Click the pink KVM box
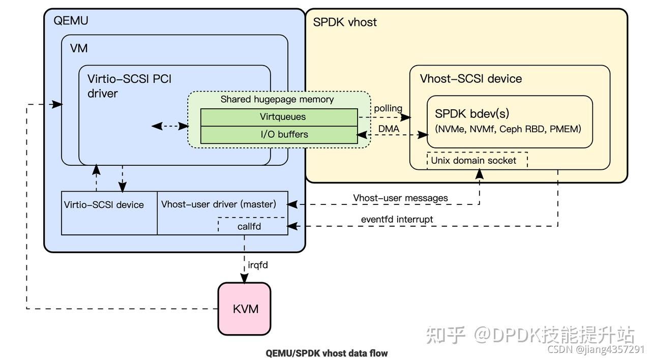[245, 309]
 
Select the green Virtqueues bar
[279, 117]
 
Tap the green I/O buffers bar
[279, 135]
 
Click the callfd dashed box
[249, 226]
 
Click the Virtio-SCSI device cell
[104, 205]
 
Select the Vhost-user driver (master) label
[219, 204]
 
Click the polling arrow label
[388, 108]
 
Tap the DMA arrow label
[389, 129]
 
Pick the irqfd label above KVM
[258, 265]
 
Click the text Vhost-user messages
[400, 198]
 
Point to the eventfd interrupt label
[397, 219]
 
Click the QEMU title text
[71, 21]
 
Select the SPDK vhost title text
[344, 22]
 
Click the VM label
[78, 48]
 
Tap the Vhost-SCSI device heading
[470, 79]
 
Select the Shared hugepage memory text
[277, 99]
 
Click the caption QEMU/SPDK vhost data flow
[327, 352]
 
